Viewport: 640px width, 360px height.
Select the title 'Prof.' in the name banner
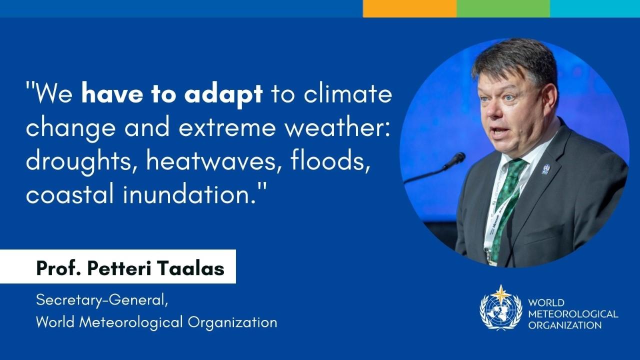point(54,268)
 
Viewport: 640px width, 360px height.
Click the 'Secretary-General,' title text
point(100,300)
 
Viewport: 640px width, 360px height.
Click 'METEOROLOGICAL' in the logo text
point(573,314)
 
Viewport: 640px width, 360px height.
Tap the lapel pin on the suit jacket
point(545,169)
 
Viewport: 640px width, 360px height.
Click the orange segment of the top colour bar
point(409,8)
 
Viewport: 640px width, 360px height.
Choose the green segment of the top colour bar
point(503,8)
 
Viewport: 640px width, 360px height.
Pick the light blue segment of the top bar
point(595,8)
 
